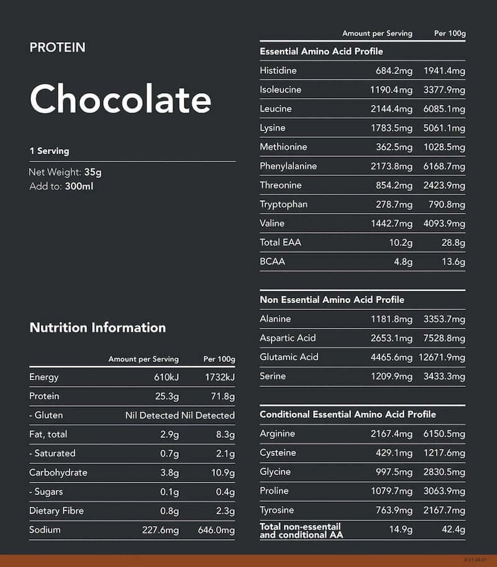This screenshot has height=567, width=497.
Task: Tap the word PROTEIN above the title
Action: click(x=57, y=47)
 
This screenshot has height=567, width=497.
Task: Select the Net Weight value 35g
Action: click(x=93, y=173)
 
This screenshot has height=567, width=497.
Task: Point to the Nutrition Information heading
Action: click(x=98, y=328)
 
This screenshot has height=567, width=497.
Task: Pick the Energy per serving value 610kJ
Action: click(x=166, y=377)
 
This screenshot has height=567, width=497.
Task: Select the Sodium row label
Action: click(x=45, y=530)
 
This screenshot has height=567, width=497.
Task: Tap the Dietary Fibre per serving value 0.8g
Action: click(x=169, y=510)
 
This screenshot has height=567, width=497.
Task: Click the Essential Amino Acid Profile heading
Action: click(x=321, y=52)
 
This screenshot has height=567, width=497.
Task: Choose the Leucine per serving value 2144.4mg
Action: click(x=391, y=109)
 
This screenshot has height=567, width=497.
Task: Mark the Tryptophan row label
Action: click(x=283, y=204)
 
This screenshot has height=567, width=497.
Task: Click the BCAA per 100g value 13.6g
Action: click(x=453, y=261)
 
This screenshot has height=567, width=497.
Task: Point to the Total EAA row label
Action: click(x=280, y=242)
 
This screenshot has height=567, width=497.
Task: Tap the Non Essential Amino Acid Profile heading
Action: click(x=332, y=300)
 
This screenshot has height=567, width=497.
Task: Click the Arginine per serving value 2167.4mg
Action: click(x=391, y=433)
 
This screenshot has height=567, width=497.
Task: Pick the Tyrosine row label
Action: click(x=277, y=510)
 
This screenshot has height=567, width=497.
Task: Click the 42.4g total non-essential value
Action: click(x=453, y=530)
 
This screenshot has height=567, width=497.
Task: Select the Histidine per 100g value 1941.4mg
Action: click(x=444, y=71)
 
